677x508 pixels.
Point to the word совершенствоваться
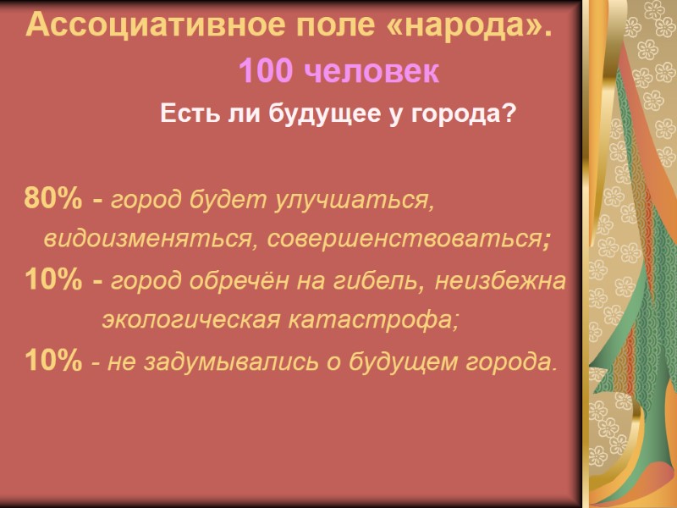pos(403,240)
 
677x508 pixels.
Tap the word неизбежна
pos(499,280)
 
